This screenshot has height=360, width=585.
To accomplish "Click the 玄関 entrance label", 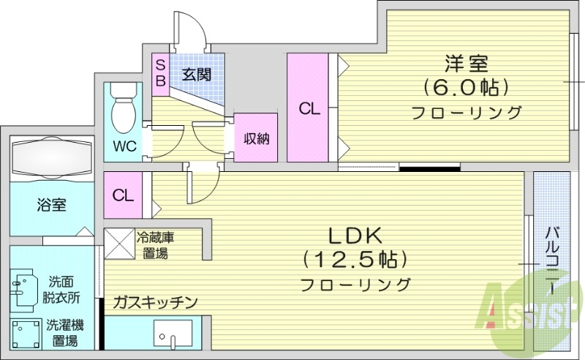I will [x=197, y=74].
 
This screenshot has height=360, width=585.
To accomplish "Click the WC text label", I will [x=124, y=145].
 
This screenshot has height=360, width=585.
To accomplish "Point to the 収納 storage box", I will [x=256, y=138].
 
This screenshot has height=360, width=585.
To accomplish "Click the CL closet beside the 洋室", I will [x=308, y=108].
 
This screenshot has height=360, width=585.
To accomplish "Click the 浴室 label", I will [x=51, y=205].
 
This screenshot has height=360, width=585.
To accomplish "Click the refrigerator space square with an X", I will [x=119, y=244].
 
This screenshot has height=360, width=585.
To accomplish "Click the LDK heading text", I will [x=355, y=236].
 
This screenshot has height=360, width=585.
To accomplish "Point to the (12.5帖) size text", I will [x=355, y=260].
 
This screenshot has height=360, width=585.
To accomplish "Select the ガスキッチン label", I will [x=155, y=302].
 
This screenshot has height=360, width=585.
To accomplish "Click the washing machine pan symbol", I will [x=26, y=334].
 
